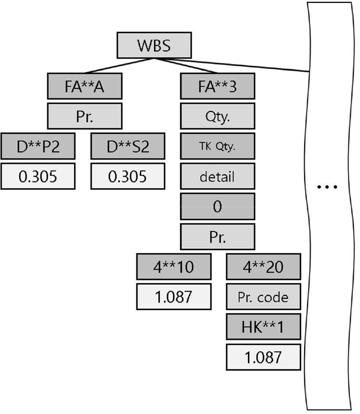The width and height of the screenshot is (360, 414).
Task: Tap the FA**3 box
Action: coord(217,86)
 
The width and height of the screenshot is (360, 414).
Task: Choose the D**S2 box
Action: coord(128,146)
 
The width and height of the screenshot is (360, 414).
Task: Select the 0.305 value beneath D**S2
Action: coord(128,176)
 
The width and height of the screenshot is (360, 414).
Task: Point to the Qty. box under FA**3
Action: coord(217,116)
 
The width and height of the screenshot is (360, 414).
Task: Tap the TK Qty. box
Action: coord(217,146)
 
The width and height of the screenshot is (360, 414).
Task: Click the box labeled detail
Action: coord(217,177)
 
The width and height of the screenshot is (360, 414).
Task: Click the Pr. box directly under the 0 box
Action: coord(217,237)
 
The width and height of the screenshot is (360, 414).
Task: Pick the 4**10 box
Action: coord(174,266)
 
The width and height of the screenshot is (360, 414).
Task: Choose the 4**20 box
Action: coord(263,266)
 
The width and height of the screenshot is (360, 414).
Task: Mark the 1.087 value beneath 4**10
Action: coord(174,296)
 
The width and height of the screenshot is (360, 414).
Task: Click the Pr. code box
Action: coord(263,297)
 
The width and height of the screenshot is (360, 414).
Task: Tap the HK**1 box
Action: coord(263,326)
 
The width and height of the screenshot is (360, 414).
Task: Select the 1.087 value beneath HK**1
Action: coord(263,357)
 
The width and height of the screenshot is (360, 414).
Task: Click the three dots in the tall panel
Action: coord(328,187)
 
